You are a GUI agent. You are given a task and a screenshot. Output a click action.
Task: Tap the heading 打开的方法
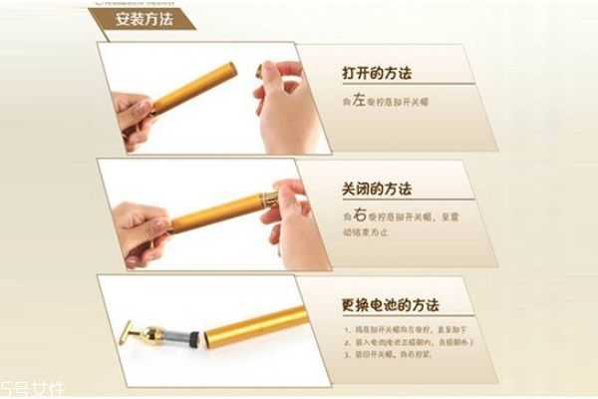pyautogui.click(x=378, y=74)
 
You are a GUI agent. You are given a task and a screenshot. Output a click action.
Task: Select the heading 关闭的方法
pyautogui.click(x=376, y=189)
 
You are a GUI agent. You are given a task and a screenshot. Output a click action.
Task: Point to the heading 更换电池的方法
pyautogui.click(x=390, y=305)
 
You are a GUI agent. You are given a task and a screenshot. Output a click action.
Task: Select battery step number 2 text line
pyautogui.click(x=409, y=341)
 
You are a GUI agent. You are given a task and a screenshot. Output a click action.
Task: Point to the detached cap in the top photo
pyautogui.click(x=260, y=69)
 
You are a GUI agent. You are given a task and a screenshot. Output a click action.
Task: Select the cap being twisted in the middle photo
pyautogui.click(x=269, y=197)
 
